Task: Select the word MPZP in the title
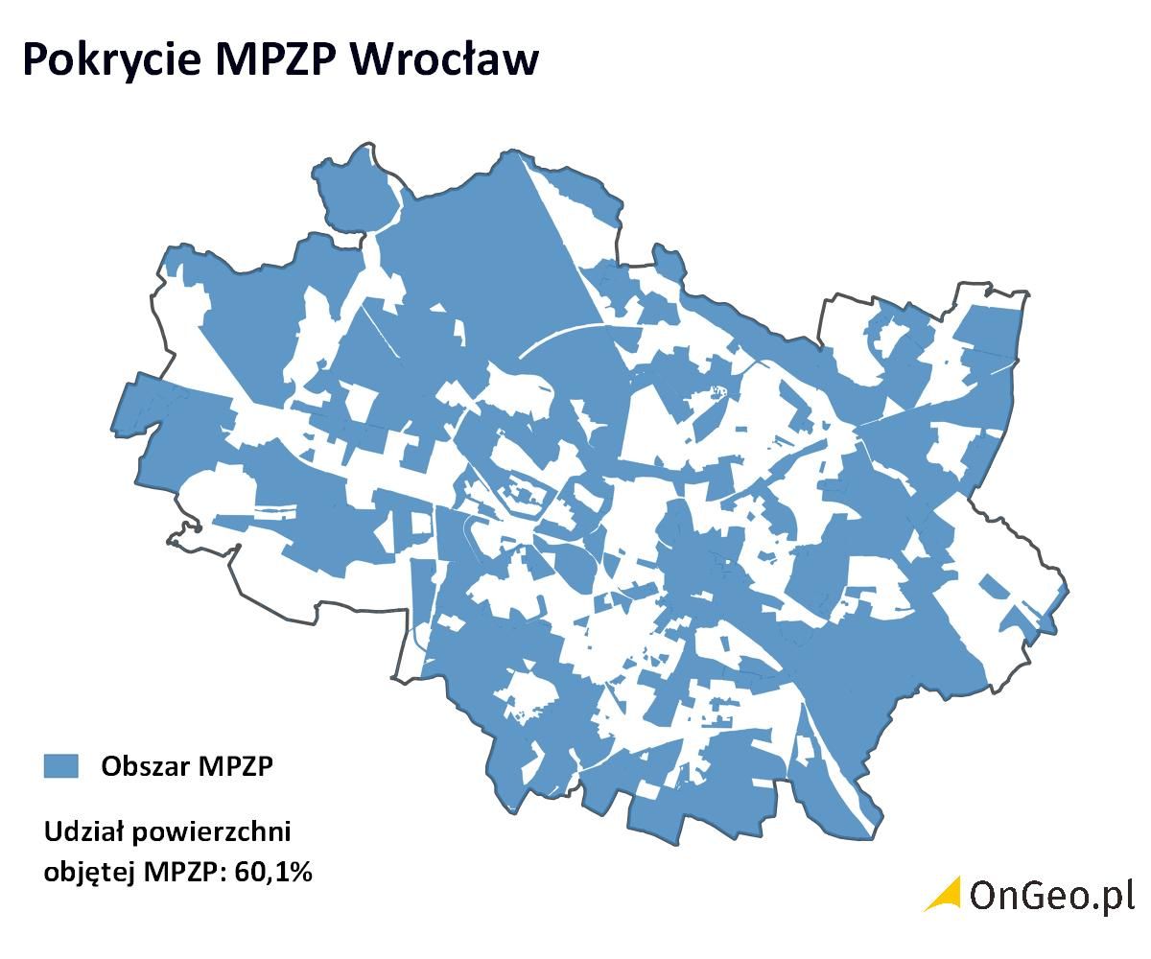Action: coord(273,59)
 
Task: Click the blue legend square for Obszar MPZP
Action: coord(60,766)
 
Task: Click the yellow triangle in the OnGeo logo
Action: coord(946,896)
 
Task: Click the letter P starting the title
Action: coord(35,59)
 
